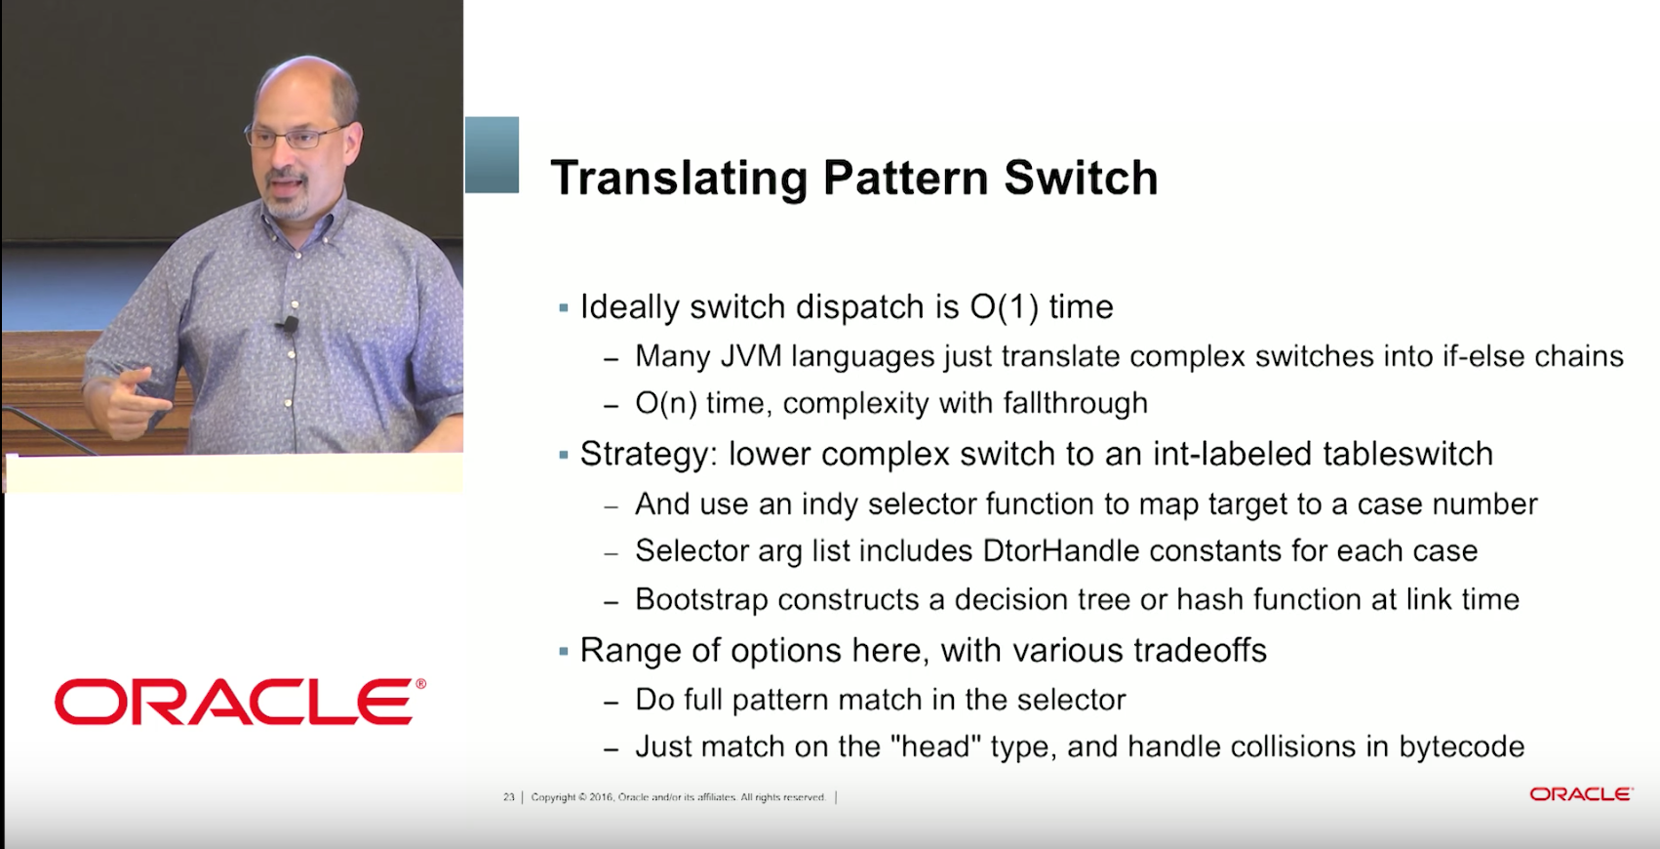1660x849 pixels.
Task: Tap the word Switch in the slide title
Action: coord(1082,178)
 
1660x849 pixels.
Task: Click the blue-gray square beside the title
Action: coord(493,154)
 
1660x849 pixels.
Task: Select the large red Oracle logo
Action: coord(240,701)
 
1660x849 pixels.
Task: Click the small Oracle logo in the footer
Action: coord(1581,794)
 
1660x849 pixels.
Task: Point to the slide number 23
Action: coord(508,797)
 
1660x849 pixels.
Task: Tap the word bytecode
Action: coord(1461,747)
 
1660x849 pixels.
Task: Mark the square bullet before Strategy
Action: coord(563,454)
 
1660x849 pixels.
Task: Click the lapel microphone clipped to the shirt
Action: coord(288,324)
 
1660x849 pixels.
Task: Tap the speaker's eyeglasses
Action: coord(298,137)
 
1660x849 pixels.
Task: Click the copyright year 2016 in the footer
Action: coord(601,797)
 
